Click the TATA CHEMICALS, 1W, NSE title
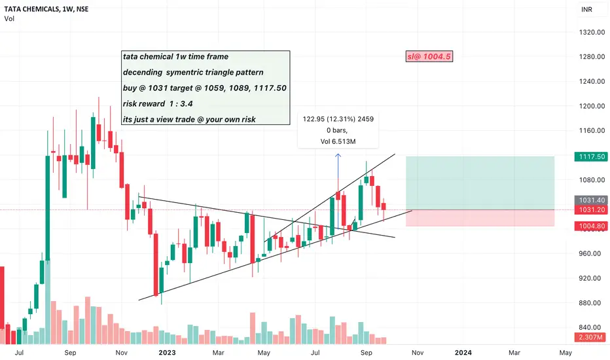click(x=46, y=9)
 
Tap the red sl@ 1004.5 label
click(x=429, y=56)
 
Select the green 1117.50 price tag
click(x=591, y=156)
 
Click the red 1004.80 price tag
click(x=591, y=226)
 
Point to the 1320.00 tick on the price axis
click(x=592, y=32)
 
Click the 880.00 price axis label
click(x=592, y=303)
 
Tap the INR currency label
click(x=586, y=9)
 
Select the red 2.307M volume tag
click(x=590, y=337)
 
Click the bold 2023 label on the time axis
click(x=168, y=353)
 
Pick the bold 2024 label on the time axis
click(x=463, y=353)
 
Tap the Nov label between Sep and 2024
click(x=418, y=353)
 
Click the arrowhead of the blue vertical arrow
click(x=338, y=155)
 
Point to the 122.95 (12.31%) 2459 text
click(x=338, y=119)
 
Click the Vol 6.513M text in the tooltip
click(x=338, y=141)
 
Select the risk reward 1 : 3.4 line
click(x=158, y=104)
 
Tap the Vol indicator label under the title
click(x=9, y=19)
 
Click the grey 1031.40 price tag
click(x=591, y=200)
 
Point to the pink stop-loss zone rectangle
click(x=480, y=218)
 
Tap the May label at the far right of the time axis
click(x=565, y=353)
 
